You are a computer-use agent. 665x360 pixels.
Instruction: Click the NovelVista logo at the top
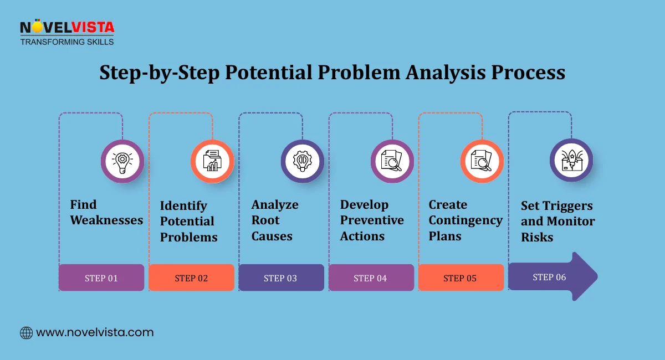pos(66,32)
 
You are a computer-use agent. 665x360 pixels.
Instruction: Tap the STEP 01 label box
pos(101,278)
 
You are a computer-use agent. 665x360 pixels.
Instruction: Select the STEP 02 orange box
pos(191,278)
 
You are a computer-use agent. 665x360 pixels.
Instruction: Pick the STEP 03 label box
pos(281,278)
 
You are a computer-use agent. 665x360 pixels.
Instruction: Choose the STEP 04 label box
pos(371,278)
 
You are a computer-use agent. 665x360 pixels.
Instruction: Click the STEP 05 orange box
pos(461,278)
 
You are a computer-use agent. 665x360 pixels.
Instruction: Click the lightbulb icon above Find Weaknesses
pos(122,161)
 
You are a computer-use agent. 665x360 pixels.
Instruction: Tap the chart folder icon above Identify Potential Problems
pos(212,161)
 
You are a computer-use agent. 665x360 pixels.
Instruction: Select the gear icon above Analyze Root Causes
pos(302,161)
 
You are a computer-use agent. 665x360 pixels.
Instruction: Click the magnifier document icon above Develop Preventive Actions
pos(392,161)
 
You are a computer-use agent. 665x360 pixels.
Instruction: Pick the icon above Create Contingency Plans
pos(482,161)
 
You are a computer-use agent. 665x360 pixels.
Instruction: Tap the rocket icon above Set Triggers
pos(571,160)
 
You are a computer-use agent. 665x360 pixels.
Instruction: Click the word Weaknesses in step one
pos(106,220)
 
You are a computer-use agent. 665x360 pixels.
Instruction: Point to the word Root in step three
pos(265,220)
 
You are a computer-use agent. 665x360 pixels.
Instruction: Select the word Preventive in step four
pos(372,220)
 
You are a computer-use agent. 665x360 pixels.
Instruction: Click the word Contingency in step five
pos(465,220)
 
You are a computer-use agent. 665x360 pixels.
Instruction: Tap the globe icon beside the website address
pos(26,333)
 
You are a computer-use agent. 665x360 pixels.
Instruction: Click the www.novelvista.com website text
pos(95,333)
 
